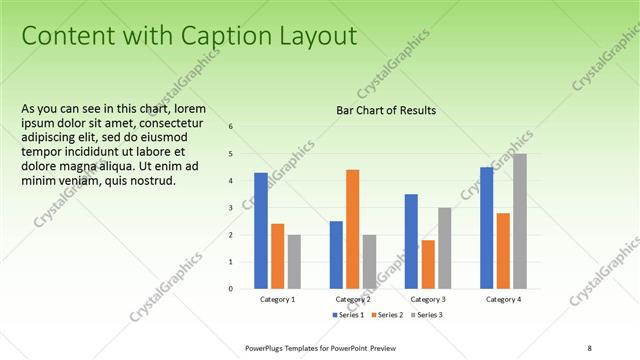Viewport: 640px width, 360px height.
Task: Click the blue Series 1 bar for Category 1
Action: click(260, 231)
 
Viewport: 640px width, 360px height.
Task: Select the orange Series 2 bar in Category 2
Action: click(352, 229)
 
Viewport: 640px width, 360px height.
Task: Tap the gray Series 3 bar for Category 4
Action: click(520, 221)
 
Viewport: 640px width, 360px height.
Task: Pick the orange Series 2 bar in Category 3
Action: click(428, 264)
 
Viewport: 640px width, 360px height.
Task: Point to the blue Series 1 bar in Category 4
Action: click(486, 228)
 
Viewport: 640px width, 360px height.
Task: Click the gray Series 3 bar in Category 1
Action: click(294, 262)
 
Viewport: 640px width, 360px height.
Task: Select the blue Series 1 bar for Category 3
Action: click(411, 241)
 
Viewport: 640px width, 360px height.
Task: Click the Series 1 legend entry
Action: click(349, 315)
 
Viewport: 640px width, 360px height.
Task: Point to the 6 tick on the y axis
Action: click(230, 127)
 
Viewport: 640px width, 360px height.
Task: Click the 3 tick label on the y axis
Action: click(230, 208)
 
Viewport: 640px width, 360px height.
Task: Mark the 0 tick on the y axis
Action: click(230, 289)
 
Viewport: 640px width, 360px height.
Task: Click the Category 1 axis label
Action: click(277, 299)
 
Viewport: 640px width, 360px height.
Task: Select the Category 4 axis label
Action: click(503, 299)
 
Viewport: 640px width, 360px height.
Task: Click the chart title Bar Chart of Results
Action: click(386, 110)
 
